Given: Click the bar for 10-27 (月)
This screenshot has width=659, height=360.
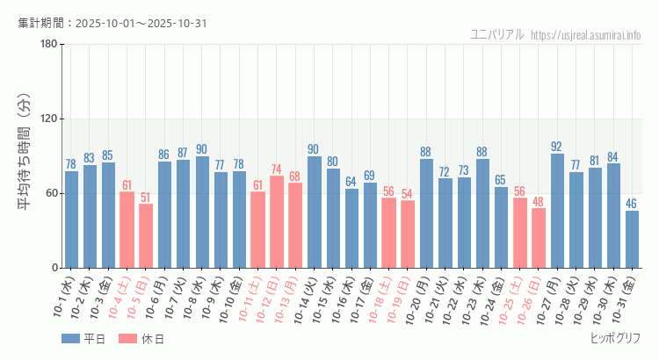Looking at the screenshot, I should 557,211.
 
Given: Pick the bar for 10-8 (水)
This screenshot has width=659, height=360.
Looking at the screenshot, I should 202,212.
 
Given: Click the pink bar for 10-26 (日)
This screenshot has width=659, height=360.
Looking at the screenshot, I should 539,238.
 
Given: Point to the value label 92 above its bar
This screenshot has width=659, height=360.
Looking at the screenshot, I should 557,147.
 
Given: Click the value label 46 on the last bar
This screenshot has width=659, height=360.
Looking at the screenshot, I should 632,204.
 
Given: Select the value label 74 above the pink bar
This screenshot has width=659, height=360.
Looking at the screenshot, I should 276,169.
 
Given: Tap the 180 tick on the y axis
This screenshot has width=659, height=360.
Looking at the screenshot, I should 48,45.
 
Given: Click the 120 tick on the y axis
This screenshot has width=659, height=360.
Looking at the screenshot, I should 48,119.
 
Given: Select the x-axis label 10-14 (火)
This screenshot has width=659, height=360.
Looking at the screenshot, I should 307,299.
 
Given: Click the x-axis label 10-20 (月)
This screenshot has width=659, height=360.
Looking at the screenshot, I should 418,299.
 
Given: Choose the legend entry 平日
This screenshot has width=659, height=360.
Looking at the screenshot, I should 83,339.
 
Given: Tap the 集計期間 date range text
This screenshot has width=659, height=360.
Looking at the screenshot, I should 112,23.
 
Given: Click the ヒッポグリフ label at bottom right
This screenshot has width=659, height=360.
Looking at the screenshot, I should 615,338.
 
